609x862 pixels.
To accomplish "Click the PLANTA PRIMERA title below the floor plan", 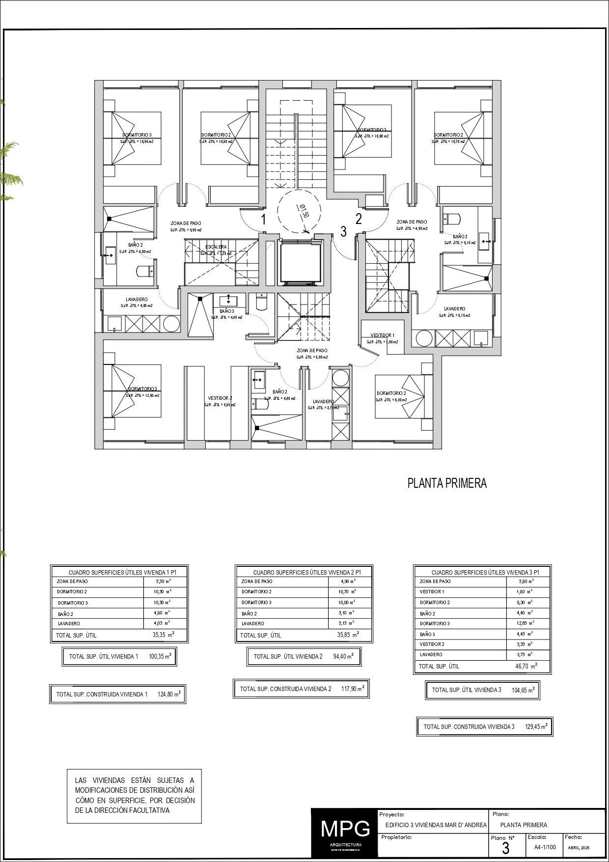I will [x=447, y=483].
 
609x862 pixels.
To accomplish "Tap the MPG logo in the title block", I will [x=345, y=829].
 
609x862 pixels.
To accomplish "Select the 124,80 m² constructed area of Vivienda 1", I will [x=169, y=694].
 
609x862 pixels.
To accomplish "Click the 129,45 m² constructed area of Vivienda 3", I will [x=536, y=726].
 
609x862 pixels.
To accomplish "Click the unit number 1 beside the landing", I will [x=263, y=219].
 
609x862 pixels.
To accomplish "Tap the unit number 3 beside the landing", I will [x=343, y=231].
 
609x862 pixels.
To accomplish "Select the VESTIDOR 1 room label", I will [x=382, y=335].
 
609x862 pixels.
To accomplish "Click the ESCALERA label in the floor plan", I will [x=216, y=247].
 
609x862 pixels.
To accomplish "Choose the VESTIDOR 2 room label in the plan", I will [x=220, y=398].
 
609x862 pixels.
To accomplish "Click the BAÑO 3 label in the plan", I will [x=226, y=311].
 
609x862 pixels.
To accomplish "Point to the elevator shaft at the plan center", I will [x=300, y=263].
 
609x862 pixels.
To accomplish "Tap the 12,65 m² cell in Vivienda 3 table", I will [x=526, y=623].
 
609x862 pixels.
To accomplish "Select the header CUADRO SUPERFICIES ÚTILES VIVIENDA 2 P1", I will [x=307, y=572].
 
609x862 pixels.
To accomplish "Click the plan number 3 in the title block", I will [x=506, y=849].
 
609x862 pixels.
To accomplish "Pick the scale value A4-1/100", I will [x=545, y=847].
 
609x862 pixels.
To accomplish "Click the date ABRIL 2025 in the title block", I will [x=579, y=848].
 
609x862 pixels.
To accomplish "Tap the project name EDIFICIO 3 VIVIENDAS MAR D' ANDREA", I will [x=436, y=825].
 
